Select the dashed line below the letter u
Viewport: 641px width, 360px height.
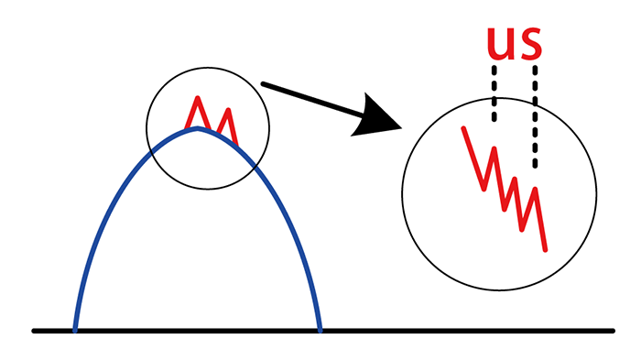(494, 92)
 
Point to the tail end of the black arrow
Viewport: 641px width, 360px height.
(263, 84)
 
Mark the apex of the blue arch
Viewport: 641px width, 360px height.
(197, 128)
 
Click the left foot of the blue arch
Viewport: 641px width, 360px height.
(76, 328)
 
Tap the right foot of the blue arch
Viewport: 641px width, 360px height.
(319, 328)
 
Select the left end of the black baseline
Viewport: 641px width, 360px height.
(35, 330)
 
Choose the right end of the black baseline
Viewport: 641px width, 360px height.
(612, 330)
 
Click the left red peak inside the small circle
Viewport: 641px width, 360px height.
(197, 97)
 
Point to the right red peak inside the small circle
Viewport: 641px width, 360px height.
(226, 111)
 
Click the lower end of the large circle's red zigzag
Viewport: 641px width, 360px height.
(546, 248)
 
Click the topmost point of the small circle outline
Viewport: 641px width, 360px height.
(208, 69)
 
